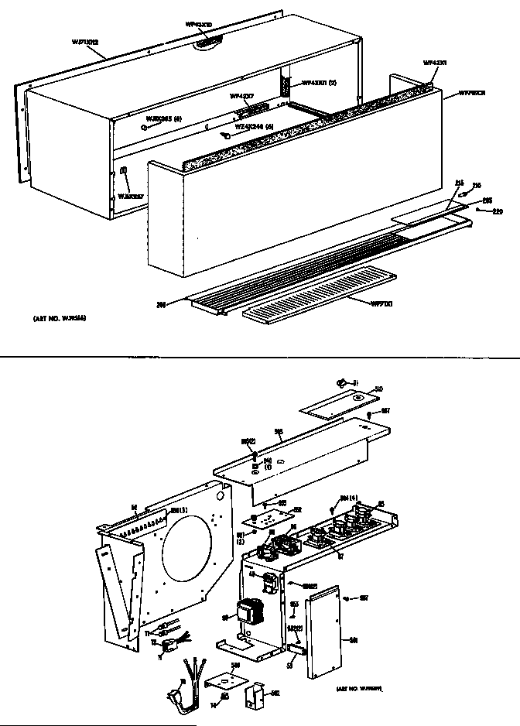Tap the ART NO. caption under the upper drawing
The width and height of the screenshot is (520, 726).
pos(58,318)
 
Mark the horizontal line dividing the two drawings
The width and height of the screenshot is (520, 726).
pos(260,356)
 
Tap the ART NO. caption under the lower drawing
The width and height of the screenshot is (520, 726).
pos(361,687)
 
